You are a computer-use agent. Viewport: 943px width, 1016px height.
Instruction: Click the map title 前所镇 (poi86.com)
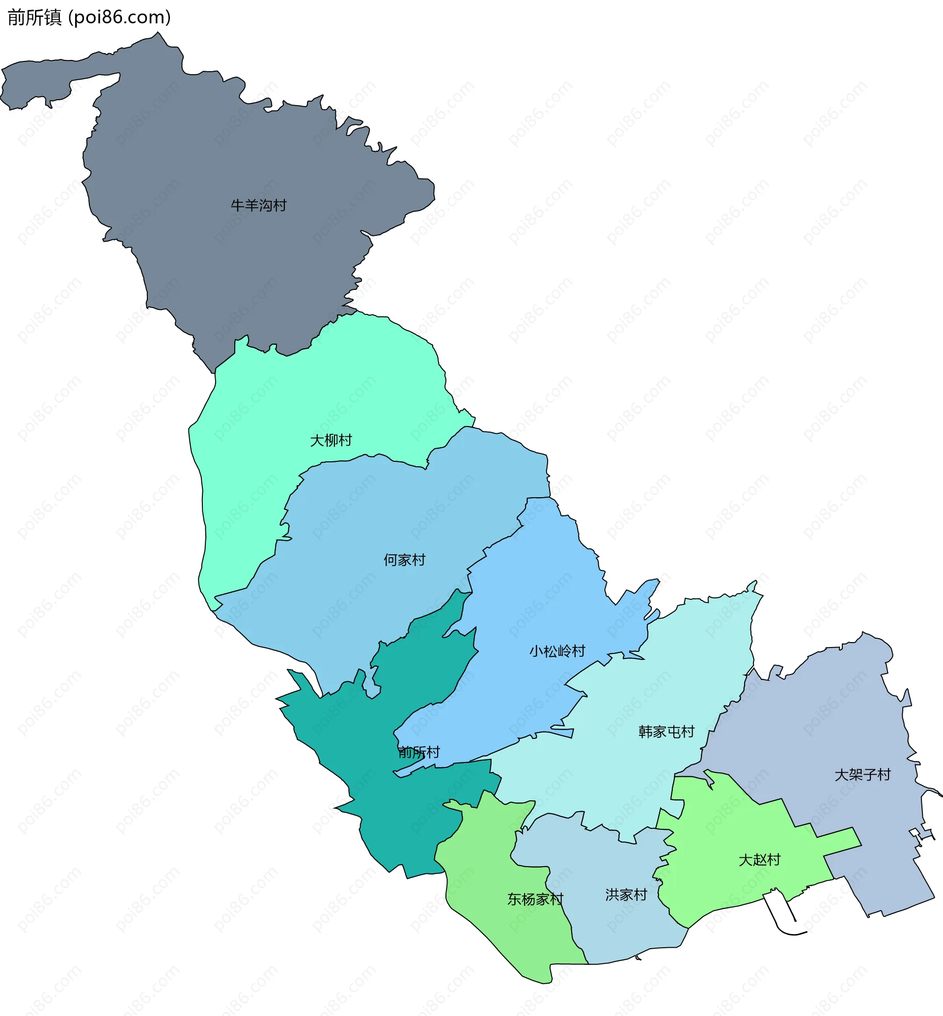click(x=89, y=17)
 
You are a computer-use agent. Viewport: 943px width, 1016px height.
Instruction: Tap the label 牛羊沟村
click(x=259, y=205)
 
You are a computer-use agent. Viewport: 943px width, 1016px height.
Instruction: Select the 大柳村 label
click(x=331, y=440)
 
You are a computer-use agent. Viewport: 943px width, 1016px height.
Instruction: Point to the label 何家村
click(x=404, y=560)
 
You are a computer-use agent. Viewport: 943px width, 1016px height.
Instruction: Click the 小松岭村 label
click(x=557, y=651)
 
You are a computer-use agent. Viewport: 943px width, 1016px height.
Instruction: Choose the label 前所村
click(x=419, y=752)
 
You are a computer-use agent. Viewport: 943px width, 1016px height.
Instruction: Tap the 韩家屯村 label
click(x=666, y=732)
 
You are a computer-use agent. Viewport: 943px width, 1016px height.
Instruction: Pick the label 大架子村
click(x=862, y=774)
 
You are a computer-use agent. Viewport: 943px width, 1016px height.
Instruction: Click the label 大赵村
click(x=759, y=860)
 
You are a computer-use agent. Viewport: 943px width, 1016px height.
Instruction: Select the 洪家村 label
click(x=626, y=895)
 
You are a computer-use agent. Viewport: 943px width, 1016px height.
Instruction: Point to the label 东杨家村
click(x=535, y=899)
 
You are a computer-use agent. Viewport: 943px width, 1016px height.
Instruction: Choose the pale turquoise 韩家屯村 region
click(x=638, y=776)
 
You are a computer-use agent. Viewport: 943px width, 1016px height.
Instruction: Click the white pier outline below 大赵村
click(x=781, y=914)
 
